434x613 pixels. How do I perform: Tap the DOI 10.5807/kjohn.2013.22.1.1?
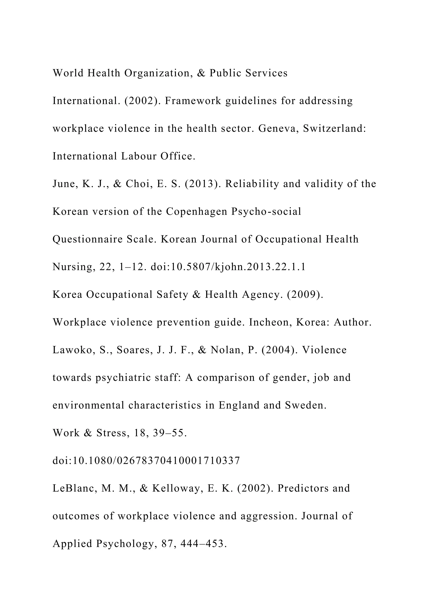228,267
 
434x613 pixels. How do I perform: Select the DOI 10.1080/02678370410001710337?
146,461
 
